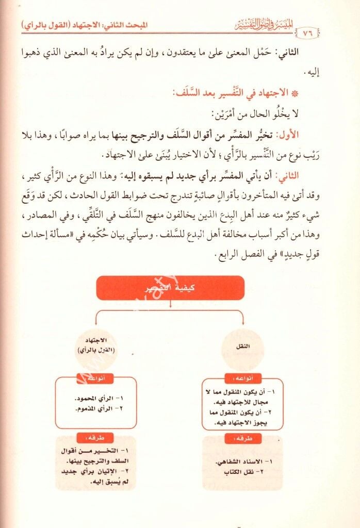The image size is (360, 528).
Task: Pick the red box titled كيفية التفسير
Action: tap(170, 288)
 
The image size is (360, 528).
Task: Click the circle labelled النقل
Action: tap(242, 347)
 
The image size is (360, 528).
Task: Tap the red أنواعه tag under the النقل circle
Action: tap(242, 377)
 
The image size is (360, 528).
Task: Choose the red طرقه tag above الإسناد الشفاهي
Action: tap(242, 438)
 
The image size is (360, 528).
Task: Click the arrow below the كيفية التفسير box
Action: tap(170, 304)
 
